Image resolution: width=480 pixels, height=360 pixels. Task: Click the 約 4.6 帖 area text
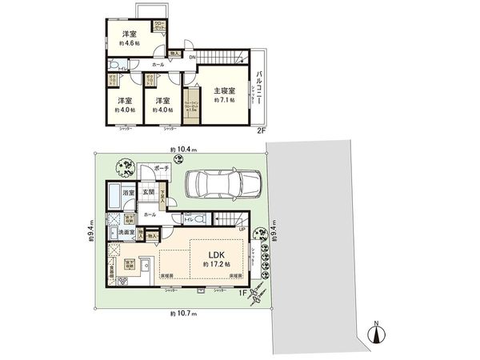click(x=128, y=44)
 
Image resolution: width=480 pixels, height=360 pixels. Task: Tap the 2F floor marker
click(x=261, y=130)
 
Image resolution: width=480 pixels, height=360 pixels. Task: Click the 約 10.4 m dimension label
click(x=183, y=150)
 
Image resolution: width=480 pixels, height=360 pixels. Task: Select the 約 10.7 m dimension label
click(x=183, y=313)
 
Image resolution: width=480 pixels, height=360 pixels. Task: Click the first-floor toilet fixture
click(x=198, y=218)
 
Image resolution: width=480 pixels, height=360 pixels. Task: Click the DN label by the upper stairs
click(x=192, y=55)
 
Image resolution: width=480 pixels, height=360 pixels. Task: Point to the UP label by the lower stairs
click(x=242, y=230)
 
